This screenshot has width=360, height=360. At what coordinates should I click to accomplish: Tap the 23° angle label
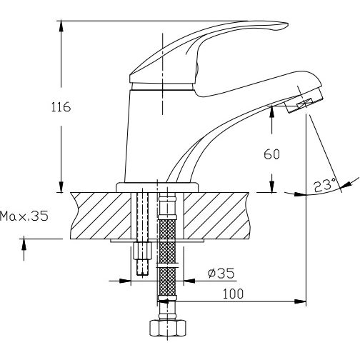click(324, 186)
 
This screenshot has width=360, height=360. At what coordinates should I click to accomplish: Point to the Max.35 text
click(24, 216)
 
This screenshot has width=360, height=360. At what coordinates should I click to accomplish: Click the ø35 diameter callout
click(221, 273)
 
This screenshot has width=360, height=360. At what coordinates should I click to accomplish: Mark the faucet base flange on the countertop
click(157, 186)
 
